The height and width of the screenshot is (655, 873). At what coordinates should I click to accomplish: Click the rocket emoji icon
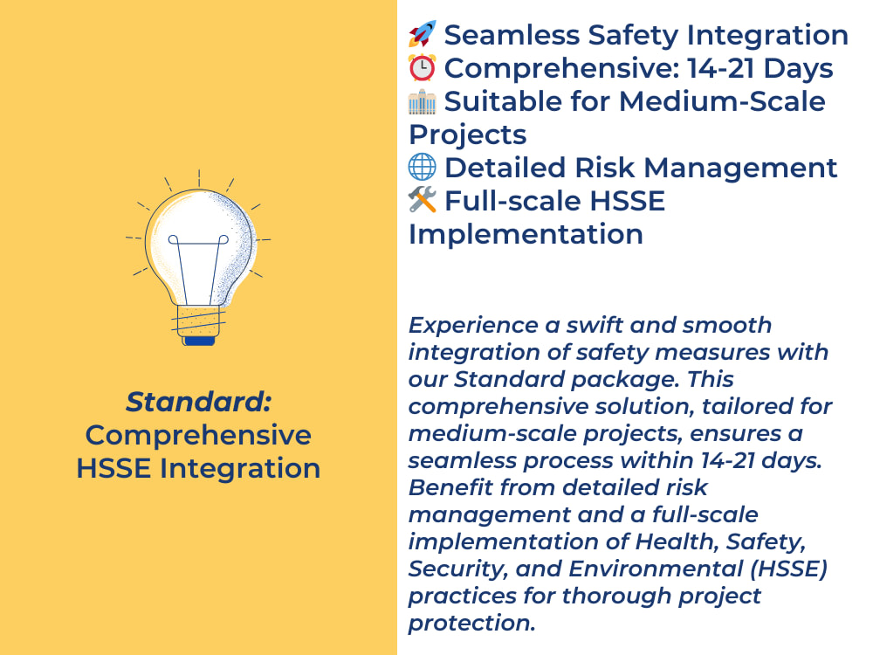(x=422, y=34)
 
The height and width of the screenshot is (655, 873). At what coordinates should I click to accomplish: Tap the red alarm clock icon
(x=422, y=67)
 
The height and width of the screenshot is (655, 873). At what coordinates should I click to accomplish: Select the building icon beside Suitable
(x=422, y=100)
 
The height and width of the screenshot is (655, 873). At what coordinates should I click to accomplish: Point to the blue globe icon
(x=422, y=167)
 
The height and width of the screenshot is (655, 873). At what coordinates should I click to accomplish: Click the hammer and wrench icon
(x=422, y=200)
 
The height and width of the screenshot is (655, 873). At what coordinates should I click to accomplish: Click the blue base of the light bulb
(x=199, y=341)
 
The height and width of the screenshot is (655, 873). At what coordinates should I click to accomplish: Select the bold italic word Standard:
(x=199, y=401)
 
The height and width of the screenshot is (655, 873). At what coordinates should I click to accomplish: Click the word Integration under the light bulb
(x=240, y=468)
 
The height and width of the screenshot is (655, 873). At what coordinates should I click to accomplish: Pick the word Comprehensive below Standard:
(x=198, y=435)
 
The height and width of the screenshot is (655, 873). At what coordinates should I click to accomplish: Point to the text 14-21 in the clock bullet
(x=721, y=68)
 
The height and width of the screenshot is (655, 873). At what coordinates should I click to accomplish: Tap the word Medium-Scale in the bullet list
(x=722, y=101)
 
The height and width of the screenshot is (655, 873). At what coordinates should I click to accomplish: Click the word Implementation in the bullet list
(x=526, y=234)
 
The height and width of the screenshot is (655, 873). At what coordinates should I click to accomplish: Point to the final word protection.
(x=471, y=624)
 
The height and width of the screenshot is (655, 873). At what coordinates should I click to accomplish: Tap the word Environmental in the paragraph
(x=656, y=569)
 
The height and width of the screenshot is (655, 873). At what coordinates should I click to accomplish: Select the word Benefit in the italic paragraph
(x=451, y=487)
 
